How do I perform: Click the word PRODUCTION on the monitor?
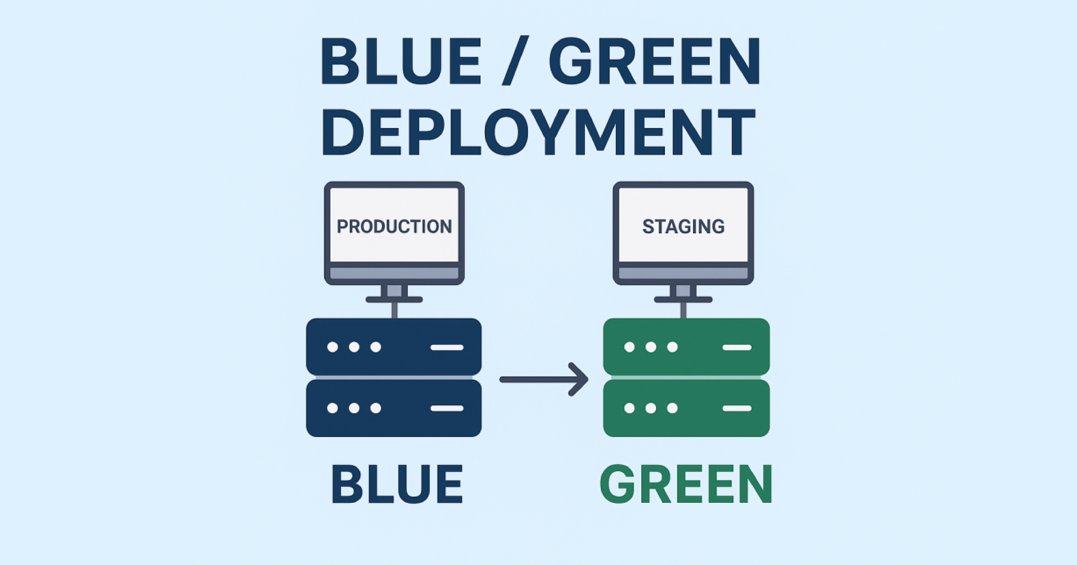click(x=394, y=226)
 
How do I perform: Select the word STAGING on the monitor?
click(x=683, y=226)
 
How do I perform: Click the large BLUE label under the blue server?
click(x=397, y=484)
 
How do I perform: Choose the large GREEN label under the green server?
click(x=686, y=484)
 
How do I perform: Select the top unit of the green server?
click(x=686, y=347)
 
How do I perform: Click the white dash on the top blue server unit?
click(x=447, y=347)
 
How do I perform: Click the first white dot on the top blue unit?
click(x=332, y=347)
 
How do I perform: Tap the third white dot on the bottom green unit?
click(x=672, y=408)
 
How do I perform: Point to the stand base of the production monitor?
click(x=394, y=299)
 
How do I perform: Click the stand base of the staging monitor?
click(x=683, y=299)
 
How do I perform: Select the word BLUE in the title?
click(x=400, y=61)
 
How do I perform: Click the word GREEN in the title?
click(x=654, y=61)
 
